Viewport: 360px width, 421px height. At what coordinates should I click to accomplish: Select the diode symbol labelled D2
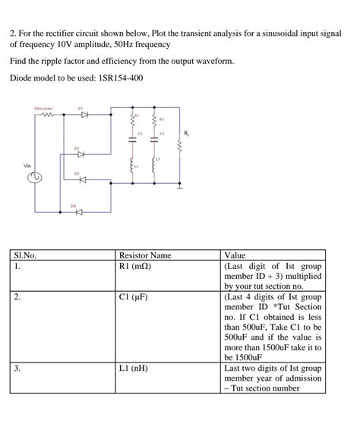coord(78,153)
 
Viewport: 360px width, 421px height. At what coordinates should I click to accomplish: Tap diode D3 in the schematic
coord(78,179)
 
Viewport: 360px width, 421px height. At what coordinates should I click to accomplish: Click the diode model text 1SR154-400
coord(116,78)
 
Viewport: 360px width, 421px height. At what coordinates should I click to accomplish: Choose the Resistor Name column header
coord(145,256)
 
